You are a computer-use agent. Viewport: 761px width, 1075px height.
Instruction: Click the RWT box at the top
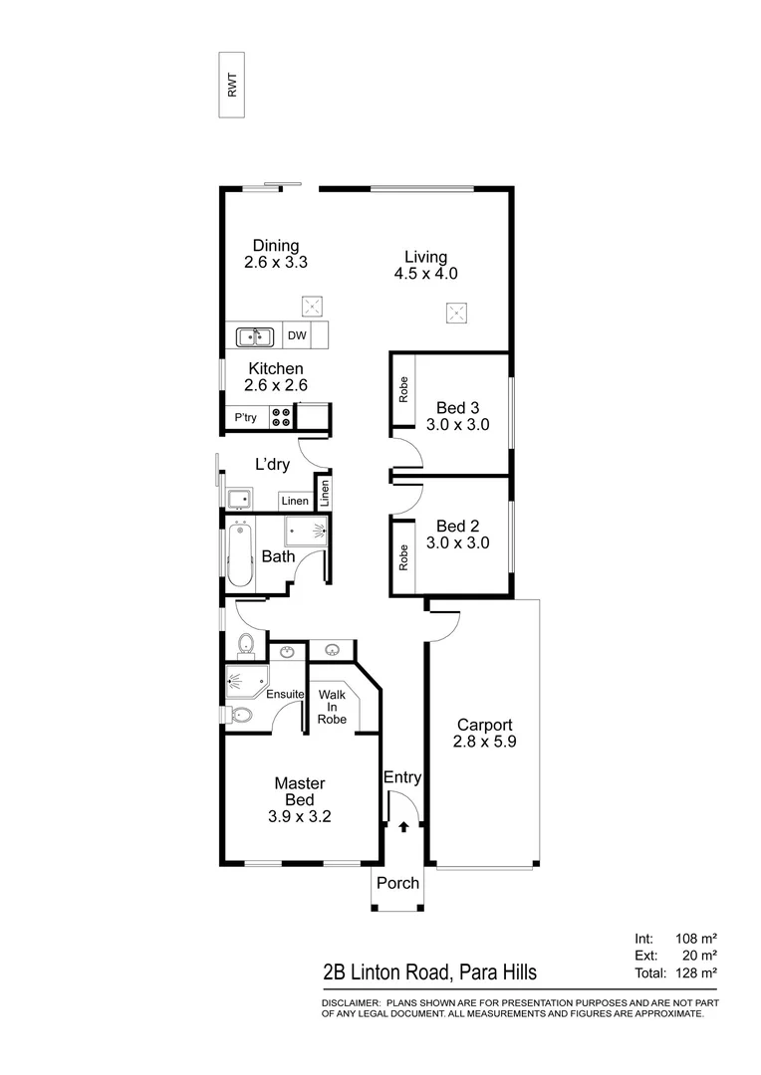click(x=232, y=85)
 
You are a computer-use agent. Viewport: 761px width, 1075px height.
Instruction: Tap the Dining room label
click(x=275, y=247)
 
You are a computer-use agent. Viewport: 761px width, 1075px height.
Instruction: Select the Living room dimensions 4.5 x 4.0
click(x=425, y=274)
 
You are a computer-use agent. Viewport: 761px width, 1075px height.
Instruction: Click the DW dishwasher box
click(x=297, y=336)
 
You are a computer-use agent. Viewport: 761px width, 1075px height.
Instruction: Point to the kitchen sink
click(x=255, y=336)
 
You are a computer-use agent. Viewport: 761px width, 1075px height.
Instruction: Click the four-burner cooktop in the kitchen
click(x=281, y=416)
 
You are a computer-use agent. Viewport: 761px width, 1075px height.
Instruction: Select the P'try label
click(x=245, y=417)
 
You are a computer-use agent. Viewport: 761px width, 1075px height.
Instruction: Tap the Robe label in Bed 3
click(x=403, y=389)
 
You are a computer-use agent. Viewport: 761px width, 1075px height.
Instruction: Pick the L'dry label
click(x=272, y=465)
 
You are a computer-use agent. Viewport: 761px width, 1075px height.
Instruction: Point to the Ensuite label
click(x=284, y=694)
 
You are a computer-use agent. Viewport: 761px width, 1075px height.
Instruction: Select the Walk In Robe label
click(x=332, y=706)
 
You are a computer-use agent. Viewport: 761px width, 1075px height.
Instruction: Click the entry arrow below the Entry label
click(x=403, y=826)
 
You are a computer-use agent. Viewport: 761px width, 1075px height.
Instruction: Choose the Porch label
click(x=396, y=883)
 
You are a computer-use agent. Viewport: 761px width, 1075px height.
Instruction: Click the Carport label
click(x=484, y=725)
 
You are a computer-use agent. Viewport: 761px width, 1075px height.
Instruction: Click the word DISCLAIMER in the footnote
click(x=351, y=1002)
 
